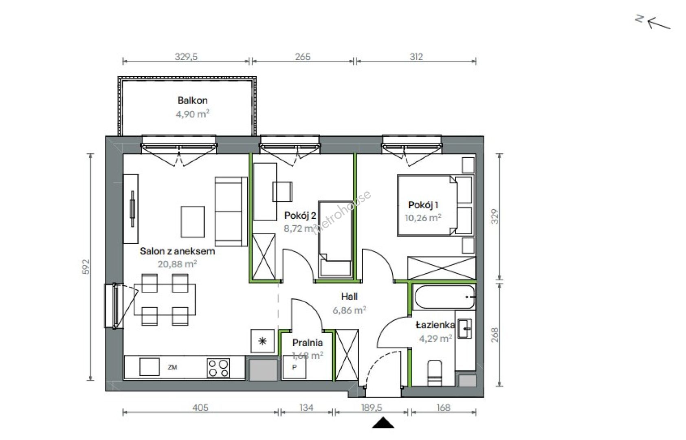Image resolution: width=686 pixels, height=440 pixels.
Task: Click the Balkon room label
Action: click(192, 101)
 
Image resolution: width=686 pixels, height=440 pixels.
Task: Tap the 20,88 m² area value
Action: click(177, 264)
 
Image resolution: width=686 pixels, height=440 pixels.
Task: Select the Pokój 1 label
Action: click(423, 205)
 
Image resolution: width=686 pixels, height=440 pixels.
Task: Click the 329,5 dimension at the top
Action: click(186, 57)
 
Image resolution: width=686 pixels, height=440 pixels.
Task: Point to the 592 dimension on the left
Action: click(86, 267)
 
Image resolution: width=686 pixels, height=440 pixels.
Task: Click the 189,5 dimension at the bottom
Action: click(371, 407)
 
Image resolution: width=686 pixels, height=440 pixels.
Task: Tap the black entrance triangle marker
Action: click(383, 423)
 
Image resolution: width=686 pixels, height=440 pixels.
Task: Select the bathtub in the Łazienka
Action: click(444, 297)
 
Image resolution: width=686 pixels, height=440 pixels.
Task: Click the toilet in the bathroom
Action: click(435, 372)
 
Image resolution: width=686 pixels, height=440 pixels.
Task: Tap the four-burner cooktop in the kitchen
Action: click(218, 367)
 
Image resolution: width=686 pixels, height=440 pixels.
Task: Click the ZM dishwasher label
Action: click(172, 367)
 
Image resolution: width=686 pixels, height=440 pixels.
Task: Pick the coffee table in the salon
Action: click(193, 222)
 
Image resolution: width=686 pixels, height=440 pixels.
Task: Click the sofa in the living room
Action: click(231, 211)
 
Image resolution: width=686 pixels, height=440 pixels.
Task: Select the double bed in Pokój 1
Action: click(435, 205)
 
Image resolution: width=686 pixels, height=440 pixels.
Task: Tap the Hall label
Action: click(350, 297)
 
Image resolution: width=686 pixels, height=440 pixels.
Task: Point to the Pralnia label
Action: click(308, 343)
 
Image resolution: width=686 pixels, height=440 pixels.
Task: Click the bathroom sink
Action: click(464, 328)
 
